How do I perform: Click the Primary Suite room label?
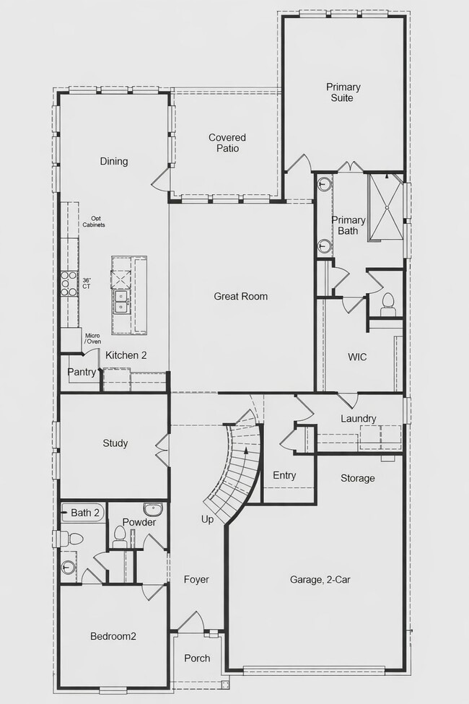click(x=343, y=92)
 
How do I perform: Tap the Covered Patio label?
click(x=227, y=143)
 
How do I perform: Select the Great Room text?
click(x=240, y=296)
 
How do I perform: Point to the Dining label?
click(x=114, y=161)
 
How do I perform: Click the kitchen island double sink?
click(x=120, y=301)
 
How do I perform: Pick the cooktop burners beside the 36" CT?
click(x=69, y=284)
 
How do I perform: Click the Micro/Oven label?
click(x=92, y=338)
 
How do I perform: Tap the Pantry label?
click(x=82, y=373)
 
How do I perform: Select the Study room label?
click(x=115, y=443)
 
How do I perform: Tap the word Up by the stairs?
click(x=208, y=520)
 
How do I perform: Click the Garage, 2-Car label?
click(x=320, y=579)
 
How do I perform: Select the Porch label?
click(x=197, y=658)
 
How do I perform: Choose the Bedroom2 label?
click(x=113, y=636)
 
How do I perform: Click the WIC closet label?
click(x=358, y=356)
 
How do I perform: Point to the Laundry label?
click(x=358, y=419)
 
